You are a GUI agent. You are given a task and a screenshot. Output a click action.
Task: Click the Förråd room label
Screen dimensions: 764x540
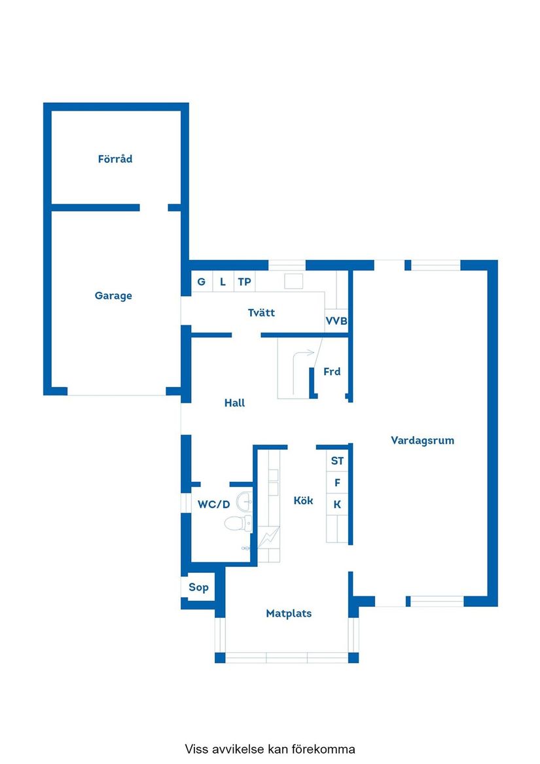115,159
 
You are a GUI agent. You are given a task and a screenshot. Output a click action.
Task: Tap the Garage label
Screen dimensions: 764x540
113,296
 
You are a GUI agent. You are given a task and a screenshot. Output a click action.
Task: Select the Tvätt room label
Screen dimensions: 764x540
261,313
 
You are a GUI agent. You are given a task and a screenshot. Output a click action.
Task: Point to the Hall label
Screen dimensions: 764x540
234,403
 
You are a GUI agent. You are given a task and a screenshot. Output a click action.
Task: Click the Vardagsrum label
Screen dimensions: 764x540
422,441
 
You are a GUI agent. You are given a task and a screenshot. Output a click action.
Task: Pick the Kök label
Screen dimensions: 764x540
303,501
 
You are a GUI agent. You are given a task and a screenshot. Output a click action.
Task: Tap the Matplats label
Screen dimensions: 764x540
289,614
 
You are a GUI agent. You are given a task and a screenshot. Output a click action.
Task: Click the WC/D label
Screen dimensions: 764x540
214,504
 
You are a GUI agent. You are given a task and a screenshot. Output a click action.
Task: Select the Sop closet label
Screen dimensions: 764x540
198,587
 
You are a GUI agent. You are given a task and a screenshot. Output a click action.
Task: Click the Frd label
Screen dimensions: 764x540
332,372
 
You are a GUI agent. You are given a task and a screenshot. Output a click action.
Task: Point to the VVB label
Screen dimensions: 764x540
336,322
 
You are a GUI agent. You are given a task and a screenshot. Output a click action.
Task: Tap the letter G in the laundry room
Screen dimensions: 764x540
201,282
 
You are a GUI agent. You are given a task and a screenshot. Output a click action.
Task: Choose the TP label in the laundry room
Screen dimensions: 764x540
244,282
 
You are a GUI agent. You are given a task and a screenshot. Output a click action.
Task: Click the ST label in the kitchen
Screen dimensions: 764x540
337,461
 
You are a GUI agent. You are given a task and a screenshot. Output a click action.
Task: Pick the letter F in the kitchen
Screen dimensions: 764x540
337,483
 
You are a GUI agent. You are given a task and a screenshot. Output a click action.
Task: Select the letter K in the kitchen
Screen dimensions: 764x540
337,505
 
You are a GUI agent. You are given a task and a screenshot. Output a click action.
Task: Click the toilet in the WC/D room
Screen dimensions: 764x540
237,523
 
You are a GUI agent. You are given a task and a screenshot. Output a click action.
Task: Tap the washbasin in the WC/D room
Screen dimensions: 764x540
244,501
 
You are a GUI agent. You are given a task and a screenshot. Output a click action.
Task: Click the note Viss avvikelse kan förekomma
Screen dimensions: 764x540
270,749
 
